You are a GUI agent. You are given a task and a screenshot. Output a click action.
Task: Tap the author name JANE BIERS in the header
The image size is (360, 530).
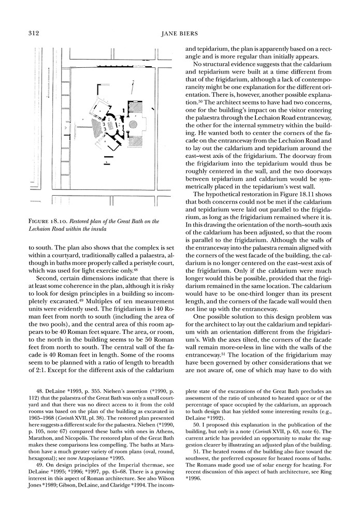tap(180, 34)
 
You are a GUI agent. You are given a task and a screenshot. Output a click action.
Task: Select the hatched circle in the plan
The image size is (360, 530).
tap(133, 124)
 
